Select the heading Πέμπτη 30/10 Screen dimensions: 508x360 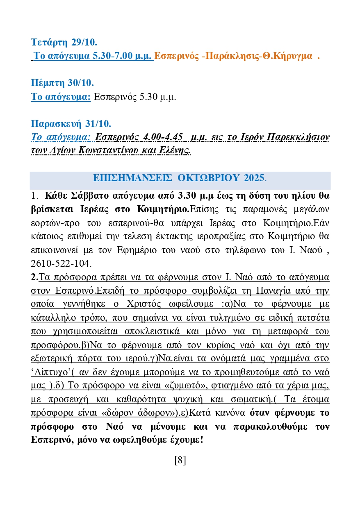[x=63, y=83]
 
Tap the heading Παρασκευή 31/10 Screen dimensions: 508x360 [x=71, y=123]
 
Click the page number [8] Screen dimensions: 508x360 [x=180, y=460]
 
